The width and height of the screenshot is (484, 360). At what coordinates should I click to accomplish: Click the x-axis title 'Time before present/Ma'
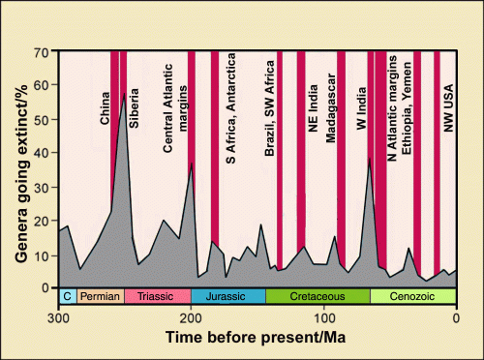click(257, 339)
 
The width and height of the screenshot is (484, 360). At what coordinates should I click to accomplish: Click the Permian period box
click(101, 296)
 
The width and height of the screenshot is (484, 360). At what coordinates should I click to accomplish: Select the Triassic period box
click(157, 296)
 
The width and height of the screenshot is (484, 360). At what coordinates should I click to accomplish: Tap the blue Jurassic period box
click(228, 296)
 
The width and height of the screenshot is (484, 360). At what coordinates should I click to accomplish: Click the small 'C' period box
click(68, 296)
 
